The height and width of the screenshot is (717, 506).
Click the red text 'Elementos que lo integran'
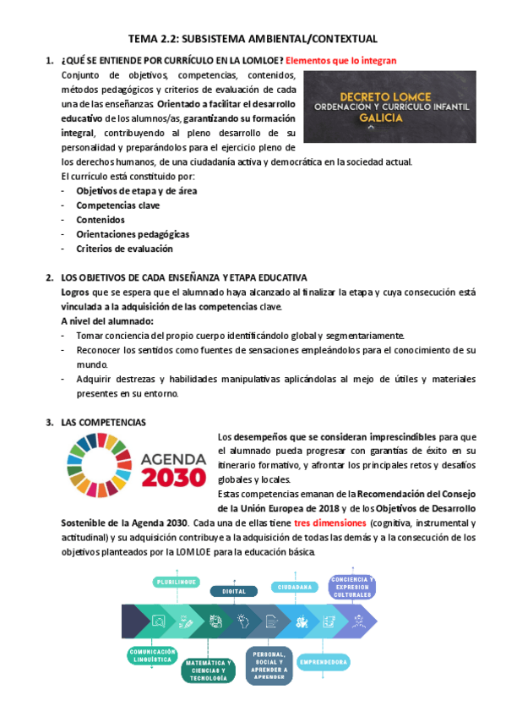pos(340,61)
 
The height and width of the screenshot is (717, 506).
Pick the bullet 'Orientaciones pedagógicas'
pos(133,234)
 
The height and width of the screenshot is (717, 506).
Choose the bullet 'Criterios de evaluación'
pos(124,249)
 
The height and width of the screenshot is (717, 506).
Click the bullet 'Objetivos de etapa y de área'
pos(125,191)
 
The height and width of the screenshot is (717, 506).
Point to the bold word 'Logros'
pos(75,292)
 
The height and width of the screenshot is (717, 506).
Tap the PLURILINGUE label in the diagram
pos(177,582)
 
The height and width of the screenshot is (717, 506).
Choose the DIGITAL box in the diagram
pos(234,592)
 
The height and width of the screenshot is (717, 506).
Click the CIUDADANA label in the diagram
pos(294,586)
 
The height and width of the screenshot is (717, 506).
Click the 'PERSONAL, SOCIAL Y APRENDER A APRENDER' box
pos(269,665)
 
